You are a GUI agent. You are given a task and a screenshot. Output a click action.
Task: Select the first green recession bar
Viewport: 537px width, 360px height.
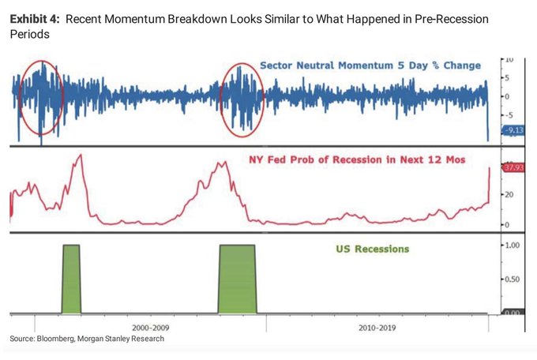pyautogui.click(x=71, y=279)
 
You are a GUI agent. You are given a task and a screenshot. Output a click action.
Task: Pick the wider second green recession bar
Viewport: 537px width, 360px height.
pyautogui.click(x=237, y=279)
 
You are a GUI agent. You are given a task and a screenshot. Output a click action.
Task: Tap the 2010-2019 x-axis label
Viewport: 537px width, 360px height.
pyautogui.click(x=377, y=326)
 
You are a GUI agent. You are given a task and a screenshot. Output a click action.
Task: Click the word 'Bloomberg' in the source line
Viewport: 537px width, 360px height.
pyautogui.click(x=63, y=339)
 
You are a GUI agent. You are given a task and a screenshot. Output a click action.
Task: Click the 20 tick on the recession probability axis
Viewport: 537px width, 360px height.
pyautogui.click(x=511, y=194)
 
